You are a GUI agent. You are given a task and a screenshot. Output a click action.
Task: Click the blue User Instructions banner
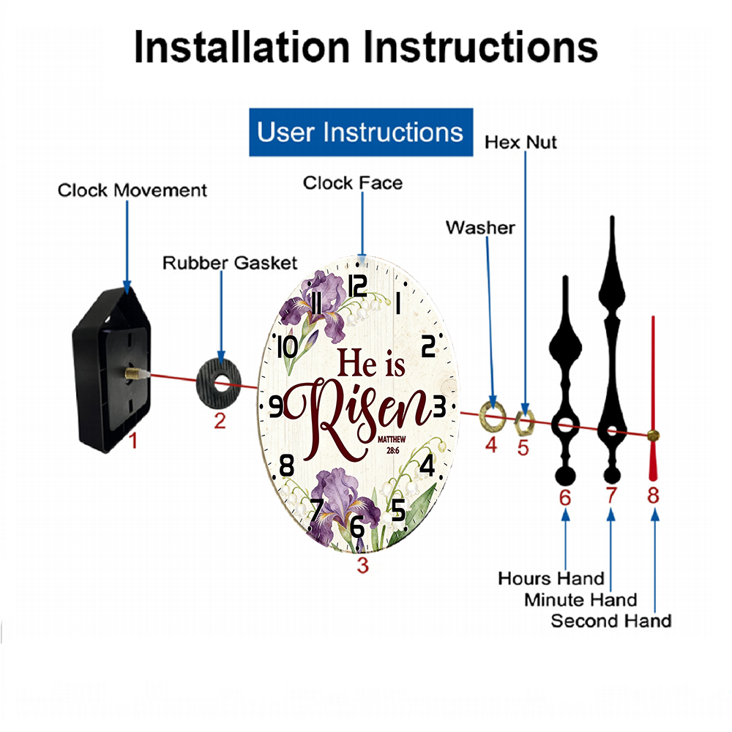pyautogui.click(x=361, y=132)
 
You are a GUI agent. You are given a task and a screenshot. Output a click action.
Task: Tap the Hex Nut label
pyautogui.click(x=520, y=143)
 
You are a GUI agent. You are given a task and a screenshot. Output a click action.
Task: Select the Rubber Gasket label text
pyautogui.click(x=230, y=263)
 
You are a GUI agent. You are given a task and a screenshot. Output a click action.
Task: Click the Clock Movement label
pyautogui.click(x=132, y=190)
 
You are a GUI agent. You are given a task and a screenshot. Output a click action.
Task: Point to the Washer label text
pyautogui.click(x=480, y=228)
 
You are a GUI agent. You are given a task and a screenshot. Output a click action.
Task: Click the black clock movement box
pyautogui.click(x=111, y=369)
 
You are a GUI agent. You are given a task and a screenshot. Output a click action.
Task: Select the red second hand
pyautogui.click(x=653, y=399)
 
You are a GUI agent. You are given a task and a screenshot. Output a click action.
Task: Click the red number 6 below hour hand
pyautogui.click(x=565, y=498)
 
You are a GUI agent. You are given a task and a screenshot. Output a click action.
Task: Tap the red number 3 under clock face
pyautogui.click(x=363, y=565)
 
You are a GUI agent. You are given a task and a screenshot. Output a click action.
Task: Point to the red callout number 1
pyautogui.click(x=133, y=440)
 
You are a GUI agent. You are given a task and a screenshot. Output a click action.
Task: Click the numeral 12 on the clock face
pyautogui.click(x=358, y=285)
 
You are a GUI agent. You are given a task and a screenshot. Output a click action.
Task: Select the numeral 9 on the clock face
pyautogui.click(x=277, y=406)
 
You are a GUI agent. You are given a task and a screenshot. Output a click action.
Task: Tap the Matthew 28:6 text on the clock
pyautogui.click(x=392, y=445)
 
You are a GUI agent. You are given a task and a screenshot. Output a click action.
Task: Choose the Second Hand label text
pyautogui.click(x=611, y=621)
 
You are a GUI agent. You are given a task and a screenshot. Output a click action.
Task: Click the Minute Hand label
pyautogui.click(x=580, y=600)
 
